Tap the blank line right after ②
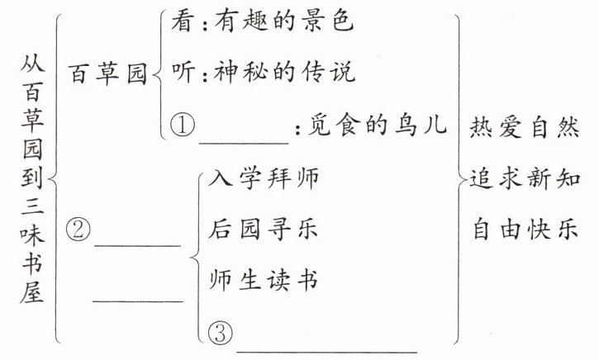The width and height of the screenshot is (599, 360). [x=137, y=244]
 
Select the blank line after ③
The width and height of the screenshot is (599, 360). [x=326, y=350]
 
